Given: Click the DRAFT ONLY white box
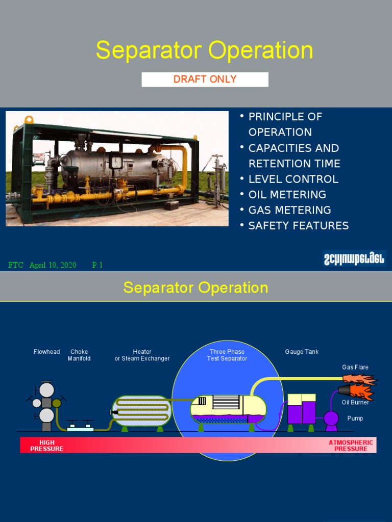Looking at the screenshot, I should (x=205, y=79).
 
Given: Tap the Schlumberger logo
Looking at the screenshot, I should (x=354, y=258).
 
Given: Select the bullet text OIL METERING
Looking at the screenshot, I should (x=287, y=194).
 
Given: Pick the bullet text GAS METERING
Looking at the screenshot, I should (x=289, y=210).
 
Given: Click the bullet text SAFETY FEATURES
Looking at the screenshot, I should (x=298, y=225).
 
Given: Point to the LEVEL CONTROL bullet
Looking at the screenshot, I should (x=293, y=179).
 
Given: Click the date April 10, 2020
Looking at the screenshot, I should (x=53, y=265).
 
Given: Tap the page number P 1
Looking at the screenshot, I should (x=97, y=265).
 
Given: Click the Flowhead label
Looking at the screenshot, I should (x=46, y=352).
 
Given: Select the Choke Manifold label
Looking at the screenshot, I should (x=79, y=355).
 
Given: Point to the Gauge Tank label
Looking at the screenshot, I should (x=301, y=352).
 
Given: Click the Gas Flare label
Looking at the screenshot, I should (x=355, y=367).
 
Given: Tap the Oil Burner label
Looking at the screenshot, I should (x=355, y=403).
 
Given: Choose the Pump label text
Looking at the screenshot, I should (x=355, y=419).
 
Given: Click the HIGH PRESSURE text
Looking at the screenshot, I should (x=46, y=446).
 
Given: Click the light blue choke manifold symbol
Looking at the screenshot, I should (x=80, y=428).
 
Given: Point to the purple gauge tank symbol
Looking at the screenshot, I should (x=301, y=409).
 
